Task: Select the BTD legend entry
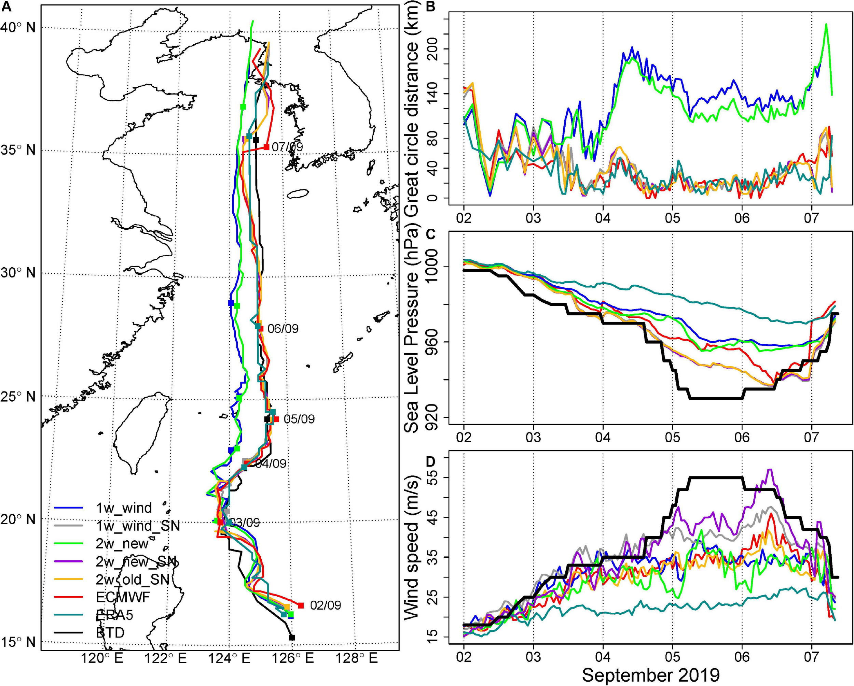110,632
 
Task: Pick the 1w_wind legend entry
124,508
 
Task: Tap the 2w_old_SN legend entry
132,579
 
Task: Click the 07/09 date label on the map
287,147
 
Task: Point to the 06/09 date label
283,329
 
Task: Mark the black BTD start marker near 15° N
292,637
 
